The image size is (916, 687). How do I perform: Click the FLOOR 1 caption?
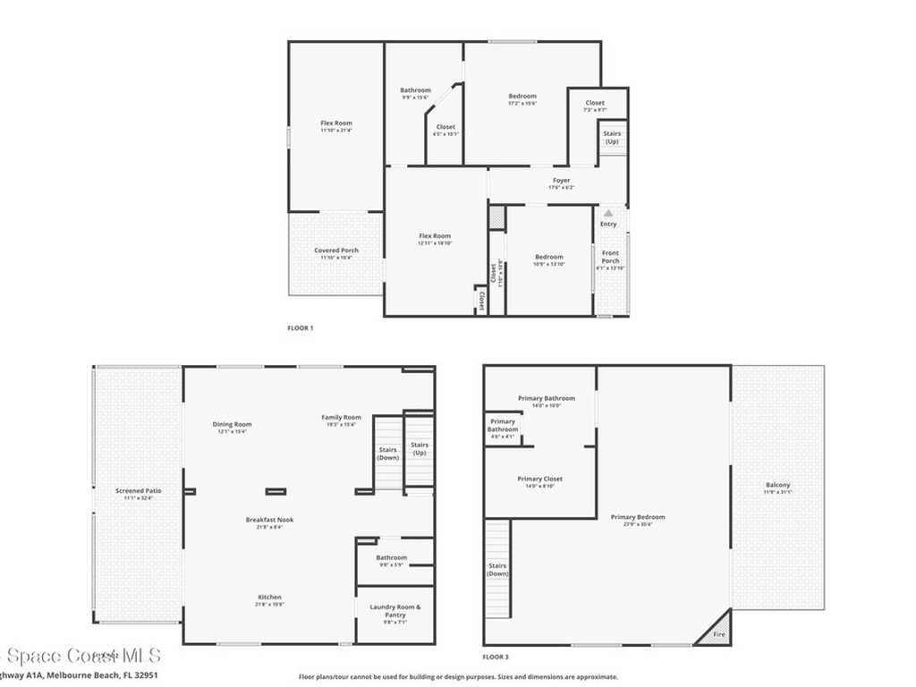[x=300, y=328]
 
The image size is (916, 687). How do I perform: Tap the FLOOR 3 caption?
[x=496, y=655]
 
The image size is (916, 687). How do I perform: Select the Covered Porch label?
[x=336, y=250]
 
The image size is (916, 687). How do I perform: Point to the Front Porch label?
[x=610, y=257]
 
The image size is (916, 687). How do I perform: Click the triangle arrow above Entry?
[x=608, y=213]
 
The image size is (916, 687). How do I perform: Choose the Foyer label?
[x=561, y=181]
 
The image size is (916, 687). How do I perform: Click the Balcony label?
[x=777, y=485]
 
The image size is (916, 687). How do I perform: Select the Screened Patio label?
[x=139, y=490]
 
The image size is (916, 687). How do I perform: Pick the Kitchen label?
[x=269, y=598]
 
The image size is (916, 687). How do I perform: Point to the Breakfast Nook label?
[x=269, y=520]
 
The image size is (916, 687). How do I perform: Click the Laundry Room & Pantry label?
[x=394, y=611]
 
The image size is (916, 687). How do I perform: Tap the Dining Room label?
[x=232, y=424]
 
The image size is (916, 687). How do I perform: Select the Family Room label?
[x=342, y=417]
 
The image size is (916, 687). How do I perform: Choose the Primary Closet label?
[x=540, y=479]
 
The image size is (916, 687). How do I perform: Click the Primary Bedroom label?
[x=638, y=517]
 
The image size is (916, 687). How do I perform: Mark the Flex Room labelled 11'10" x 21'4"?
[x=336, y=123]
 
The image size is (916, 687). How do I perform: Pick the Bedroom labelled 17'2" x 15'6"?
[x=522, y=97]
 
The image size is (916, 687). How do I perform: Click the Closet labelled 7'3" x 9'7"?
[x=595, y=103]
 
